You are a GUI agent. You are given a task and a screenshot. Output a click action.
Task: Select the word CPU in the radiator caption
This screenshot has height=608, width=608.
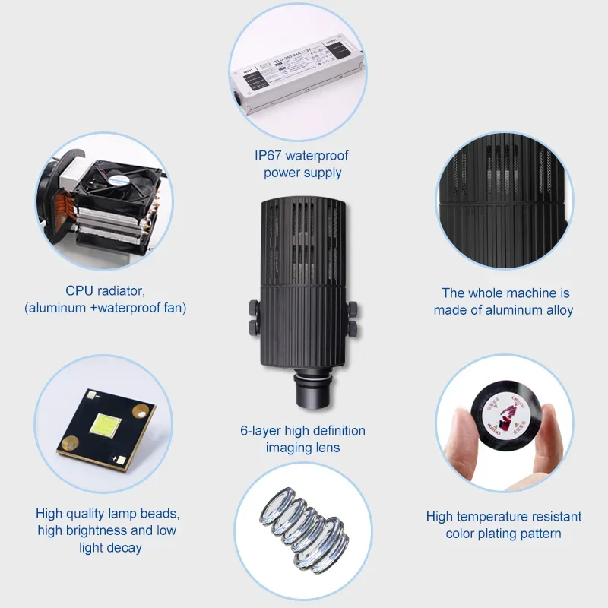click(80, 290)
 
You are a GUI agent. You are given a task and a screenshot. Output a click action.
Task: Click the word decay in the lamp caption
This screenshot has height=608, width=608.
click(123, 547)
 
